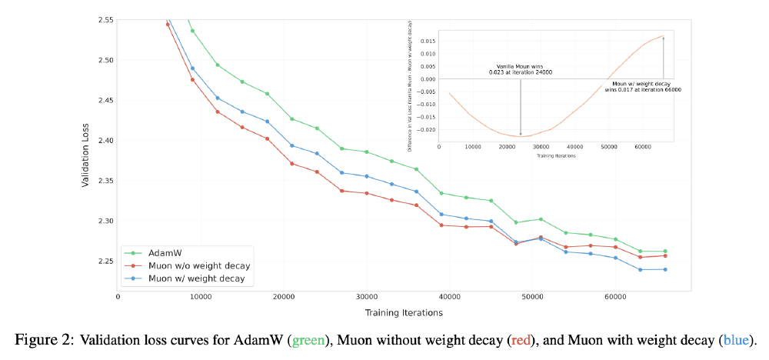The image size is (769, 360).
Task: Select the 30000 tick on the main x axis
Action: click(x=366, y=296)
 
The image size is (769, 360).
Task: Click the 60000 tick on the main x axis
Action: click(x=615, y=296)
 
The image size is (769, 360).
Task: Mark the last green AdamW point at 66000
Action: click(x=665, y=252)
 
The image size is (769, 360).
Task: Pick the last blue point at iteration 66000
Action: click(x=665, y=269)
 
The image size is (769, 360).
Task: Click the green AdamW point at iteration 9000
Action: click(x=192, y=31)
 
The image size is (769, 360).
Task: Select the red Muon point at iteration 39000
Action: click(x=441, y=225)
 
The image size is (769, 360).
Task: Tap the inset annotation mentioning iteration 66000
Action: click(x=646, y=86)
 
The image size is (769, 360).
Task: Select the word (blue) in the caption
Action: click(x=736, y=339)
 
